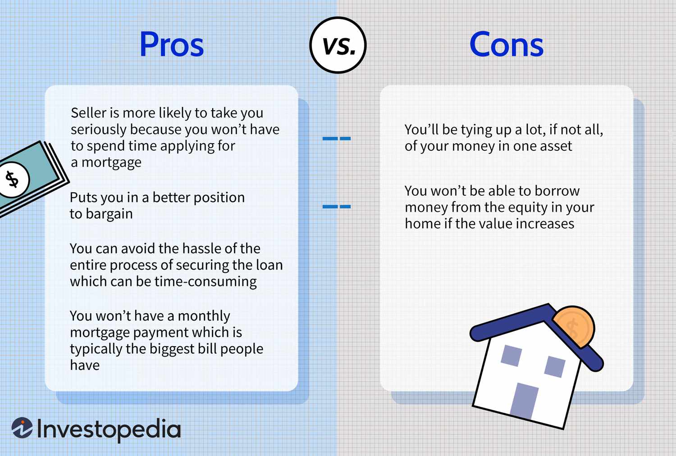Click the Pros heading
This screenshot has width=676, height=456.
point(172,45)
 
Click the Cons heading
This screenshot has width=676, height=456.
point(506,45)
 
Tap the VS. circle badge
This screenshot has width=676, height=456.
point(338,45)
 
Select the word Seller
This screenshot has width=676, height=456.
point(88,113)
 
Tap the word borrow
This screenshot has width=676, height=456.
point(557,191)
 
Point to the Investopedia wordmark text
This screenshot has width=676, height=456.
point(109,429)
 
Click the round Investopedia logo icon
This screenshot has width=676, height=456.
point(22,428)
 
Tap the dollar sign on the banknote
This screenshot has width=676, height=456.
point(12,179)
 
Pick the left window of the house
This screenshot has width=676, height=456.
point(511,356)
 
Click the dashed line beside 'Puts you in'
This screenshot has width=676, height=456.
point(336,207)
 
